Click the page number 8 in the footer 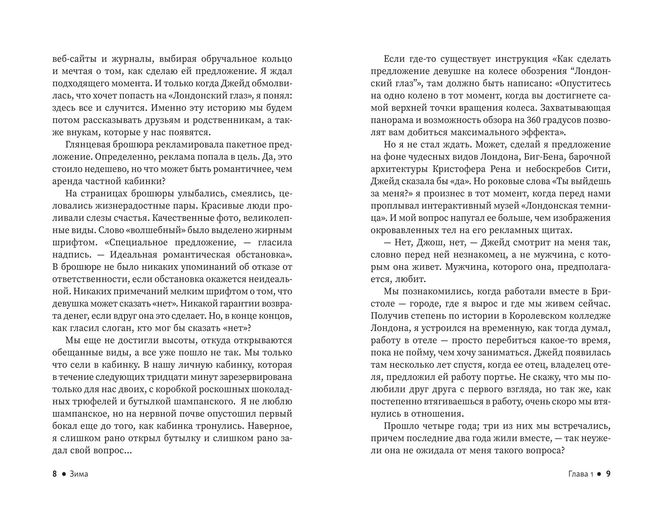pos(55,474)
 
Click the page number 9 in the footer pos(608,474)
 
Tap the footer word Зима pos(78,474)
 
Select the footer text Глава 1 pos(578,474)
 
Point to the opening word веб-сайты pos(74,59)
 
